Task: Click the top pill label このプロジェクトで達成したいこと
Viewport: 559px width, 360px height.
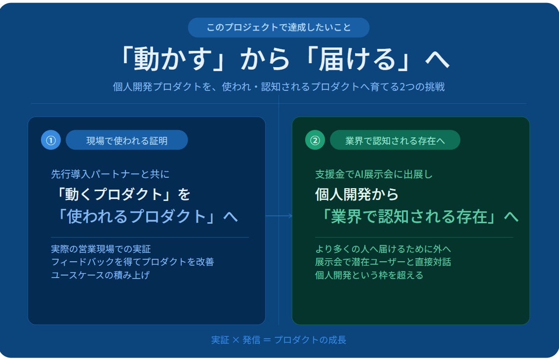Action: coord(279,28)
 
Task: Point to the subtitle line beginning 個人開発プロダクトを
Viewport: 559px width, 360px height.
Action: coord(279,86)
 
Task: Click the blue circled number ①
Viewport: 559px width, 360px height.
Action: coord(51,140)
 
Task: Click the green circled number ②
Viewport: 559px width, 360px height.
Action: coord(315,140)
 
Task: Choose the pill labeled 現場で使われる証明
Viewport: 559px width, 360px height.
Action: coord(126,140)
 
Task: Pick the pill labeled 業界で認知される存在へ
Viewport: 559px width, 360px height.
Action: coord(395,140)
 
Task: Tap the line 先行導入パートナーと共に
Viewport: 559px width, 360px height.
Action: coord(110,174)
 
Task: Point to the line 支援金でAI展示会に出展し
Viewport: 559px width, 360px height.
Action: coord(374,174)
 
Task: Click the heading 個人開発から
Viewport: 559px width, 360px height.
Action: coord(357,194)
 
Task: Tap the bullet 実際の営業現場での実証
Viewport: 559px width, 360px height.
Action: coord(101,249)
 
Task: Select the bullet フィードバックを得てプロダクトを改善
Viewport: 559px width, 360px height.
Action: coord(133,262)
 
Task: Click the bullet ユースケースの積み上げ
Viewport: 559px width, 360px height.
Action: coord(101,275)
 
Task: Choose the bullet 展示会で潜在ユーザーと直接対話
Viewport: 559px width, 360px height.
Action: coord(383,262)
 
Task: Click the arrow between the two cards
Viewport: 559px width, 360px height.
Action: coord(279,216)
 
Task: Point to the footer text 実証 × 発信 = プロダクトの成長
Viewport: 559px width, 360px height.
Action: coord(279,340)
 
